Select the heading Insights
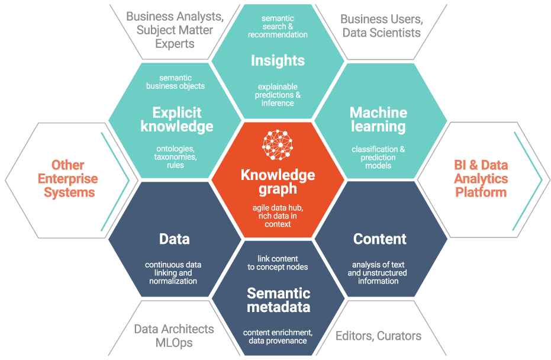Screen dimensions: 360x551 [278, 60]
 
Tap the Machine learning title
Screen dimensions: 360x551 [378, 120]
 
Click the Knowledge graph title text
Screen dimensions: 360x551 [278, 182]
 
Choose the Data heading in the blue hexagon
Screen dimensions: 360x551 [174, 239]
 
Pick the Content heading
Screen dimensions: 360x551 [379, 239]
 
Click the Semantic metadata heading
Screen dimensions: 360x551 [278, 300]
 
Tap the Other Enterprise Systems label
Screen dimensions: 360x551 [68, 178]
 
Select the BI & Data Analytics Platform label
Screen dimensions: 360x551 [480, 178]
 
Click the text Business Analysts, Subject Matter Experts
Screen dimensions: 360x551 [175, 30]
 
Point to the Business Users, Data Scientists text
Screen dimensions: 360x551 [381, 25]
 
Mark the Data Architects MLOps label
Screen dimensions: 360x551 [173, 336]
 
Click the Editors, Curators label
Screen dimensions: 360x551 [378, 336]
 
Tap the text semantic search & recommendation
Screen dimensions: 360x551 [278, 27]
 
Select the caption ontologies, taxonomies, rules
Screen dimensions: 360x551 [175, 157]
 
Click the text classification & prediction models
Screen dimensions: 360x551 [378, 157]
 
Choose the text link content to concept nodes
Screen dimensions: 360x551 [278, 263]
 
